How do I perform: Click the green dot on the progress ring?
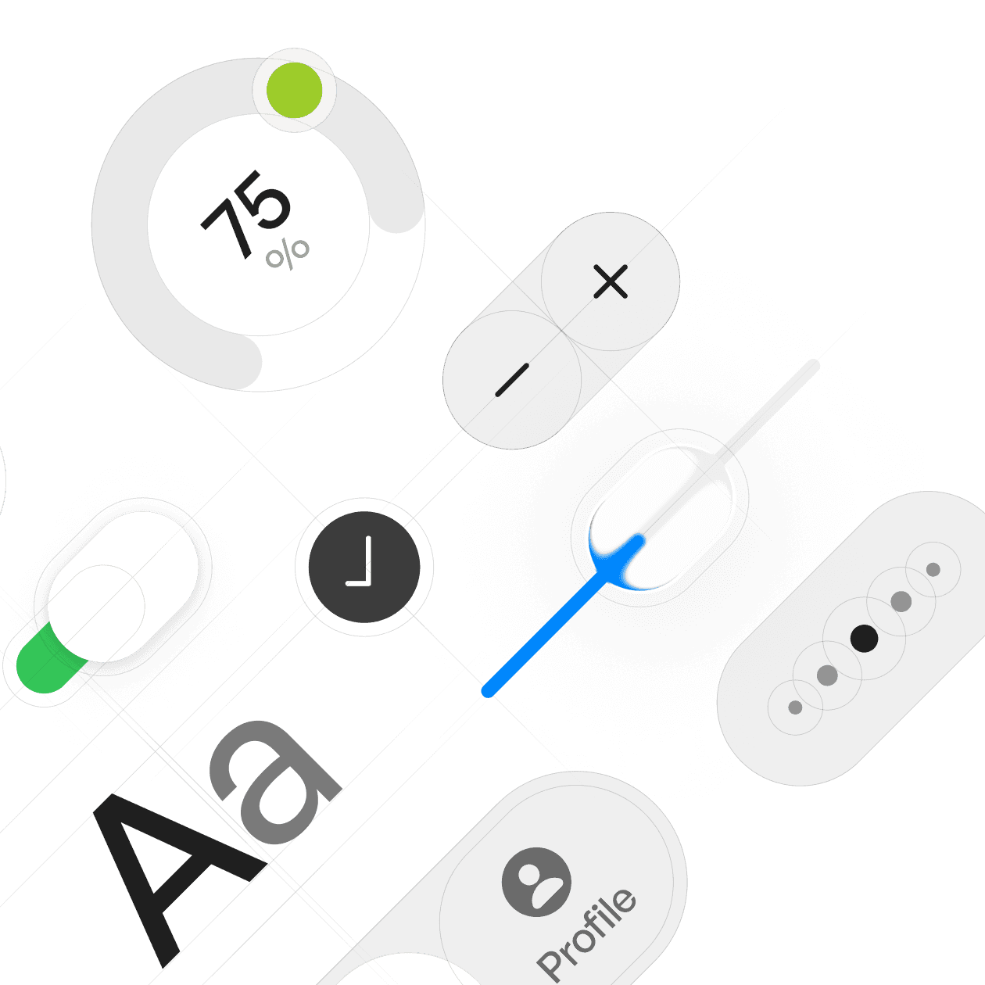(294, 90)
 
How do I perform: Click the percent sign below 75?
(288, 253)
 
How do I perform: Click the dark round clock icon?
(364, 567)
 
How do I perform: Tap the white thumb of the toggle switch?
(124, 586)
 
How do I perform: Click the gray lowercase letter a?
(274, 782)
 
